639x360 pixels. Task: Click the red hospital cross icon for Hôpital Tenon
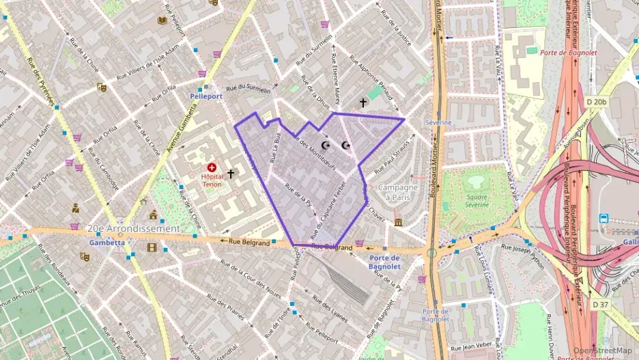click(x=212, y=167)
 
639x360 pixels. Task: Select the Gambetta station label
click(x=106, y=243)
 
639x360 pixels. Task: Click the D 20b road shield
click(x=596, y=102)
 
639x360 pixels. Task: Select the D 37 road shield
click(x=600, y=304)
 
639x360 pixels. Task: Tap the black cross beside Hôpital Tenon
click(x=231, y=174)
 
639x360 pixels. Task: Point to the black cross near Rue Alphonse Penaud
click(x=363, y=102)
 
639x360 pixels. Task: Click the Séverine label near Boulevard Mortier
click(x=438, y=122)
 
